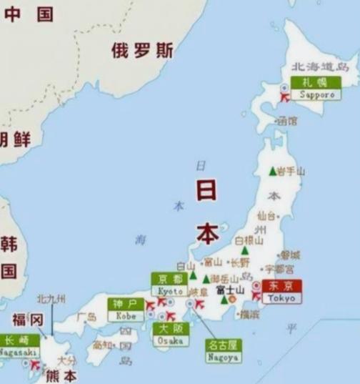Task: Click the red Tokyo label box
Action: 282,291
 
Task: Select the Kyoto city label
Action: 169,285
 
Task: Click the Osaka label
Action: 170,335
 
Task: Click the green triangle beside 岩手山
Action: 272,171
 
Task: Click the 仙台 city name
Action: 266,215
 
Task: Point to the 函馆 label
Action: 286,122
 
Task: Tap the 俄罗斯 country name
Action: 142,50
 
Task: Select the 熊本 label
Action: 61,375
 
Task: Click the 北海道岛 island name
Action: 319,67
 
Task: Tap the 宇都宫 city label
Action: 279,270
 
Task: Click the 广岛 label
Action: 86,317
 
